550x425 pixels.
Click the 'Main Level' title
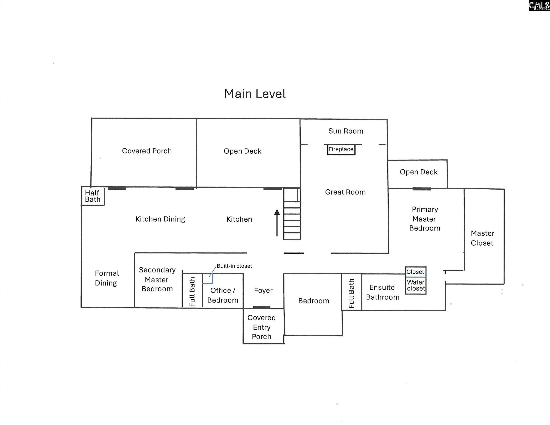pos(255,94)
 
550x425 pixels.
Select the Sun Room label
pos(346,131)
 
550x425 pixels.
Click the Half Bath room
pos(93,196)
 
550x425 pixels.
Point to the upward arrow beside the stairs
pos(277,223)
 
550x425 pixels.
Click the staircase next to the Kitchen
pos(292,214)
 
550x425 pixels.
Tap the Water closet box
pos(416,285)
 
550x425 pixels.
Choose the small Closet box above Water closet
pos(416,272)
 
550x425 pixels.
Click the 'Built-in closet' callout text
pos(234,266)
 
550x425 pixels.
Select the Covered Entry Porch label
pos(262,327)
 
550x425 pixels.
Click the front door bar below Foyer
pos(262,307)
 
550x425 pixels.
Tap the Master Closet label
pos(482,238)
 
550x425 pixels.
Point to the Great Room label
pos(345,192)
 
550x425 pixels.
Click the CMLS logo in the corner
pos(539,6)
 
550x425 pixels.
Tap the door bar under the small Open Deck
pos(422,189)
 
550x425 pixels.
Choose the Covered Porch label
pos(147,151)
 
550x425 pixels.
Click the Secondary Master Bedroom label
pos(157,279)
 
